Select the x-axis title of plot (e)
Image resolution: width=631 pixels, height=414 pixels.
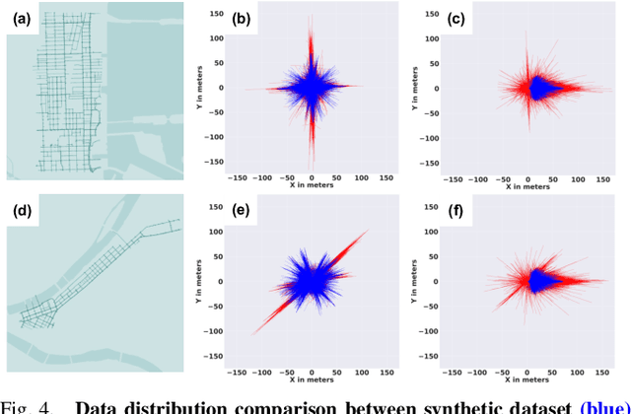pyautogui.click(x=313, y=380)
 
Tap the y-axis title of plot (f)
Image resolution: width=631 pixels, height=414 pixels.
pyautogui.click(x=418, y=283)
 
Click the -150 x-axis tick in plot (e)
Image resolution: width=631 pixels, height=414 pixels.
pyautogui.click(x=237, y=371)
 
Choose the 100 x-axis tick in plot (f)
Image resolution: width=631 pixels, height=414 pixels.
pyautogui.click(x=576, y=371)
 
